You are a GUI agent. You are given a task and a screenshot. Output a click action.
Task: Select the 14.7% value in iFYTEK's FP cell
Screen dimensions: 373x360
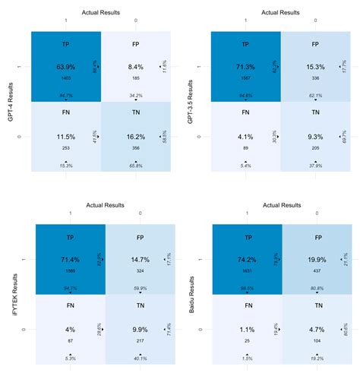click(x=139, y=260)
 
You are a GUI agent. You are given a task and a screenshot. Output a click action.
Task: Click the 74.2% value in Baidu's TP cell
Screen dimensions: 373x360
click(x=245, y=260)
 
